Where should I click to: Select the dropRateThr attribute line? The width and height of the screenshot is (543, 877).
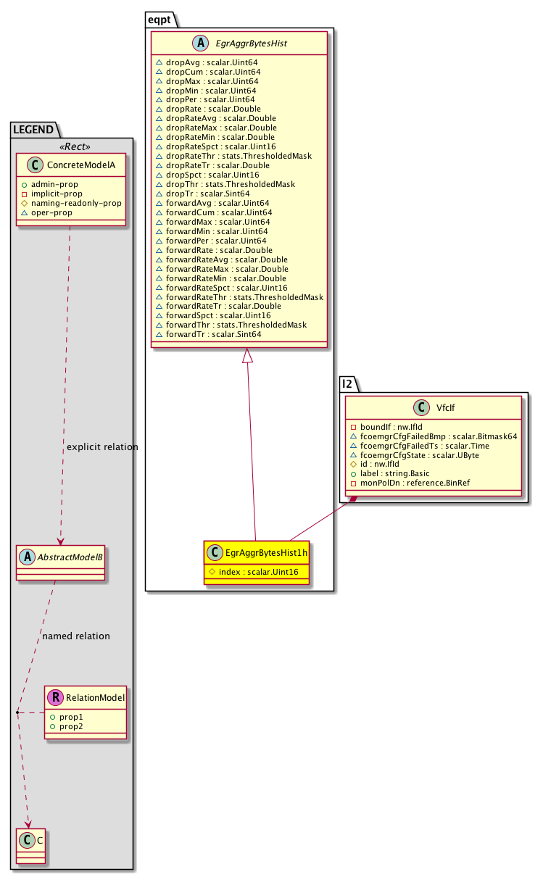[x=239, y=156]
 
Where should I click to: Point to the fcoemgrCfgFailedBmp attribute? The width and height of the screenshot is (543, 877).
[x=433, y=436]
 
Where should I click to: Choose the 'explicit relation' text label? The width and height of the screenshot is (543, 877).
[x=102, y=447]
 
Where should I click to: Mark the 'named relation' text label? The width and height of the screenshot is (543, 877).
[x=76, y=636]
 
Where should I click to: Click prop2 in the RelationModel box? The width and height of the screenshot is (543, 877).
[x=70, y=726]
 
